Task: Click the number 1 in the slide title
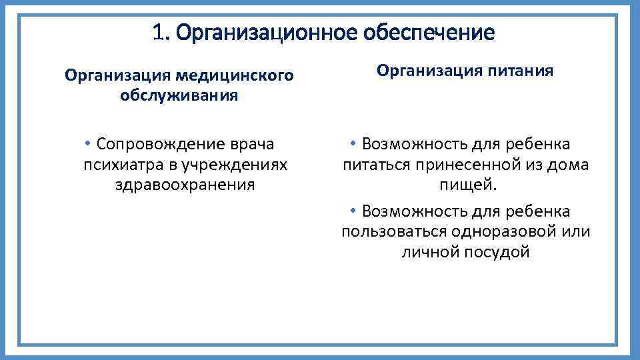pos(157,32)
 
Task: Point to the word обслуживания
pos(179,95)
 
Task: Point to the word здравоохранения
pos(185,184)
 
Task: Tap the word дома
pos(568,165)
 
